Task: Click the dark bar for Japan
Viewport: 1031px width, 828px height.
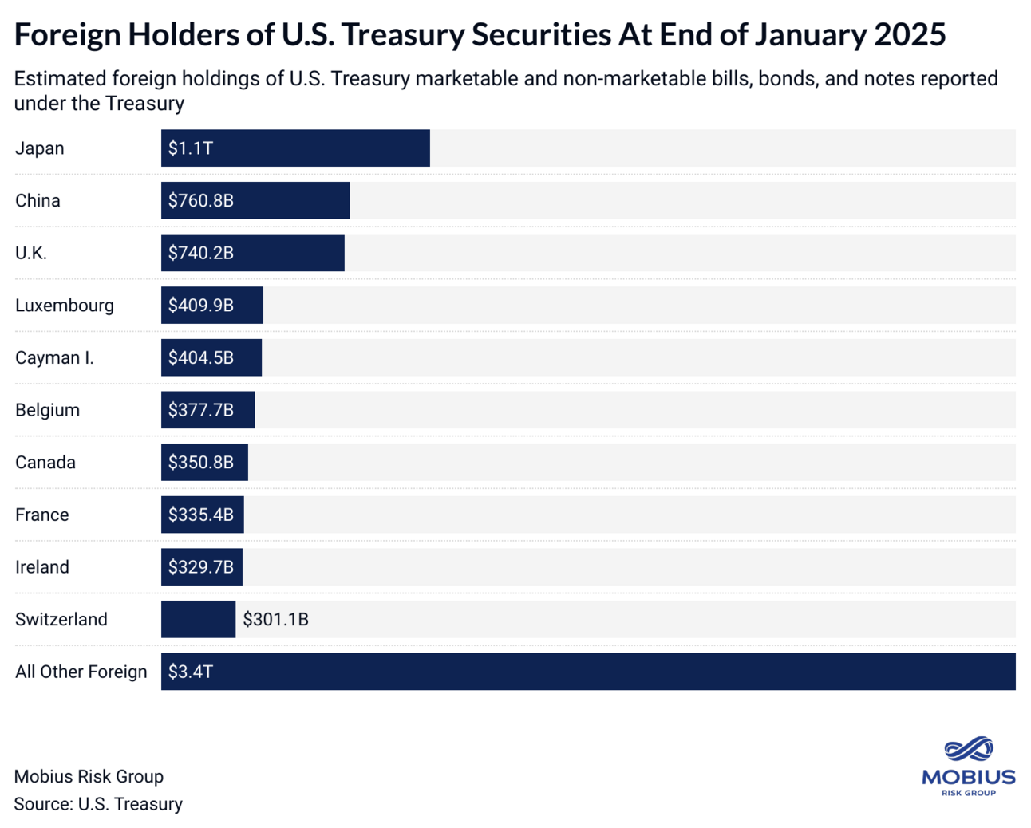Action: tap(319, 148)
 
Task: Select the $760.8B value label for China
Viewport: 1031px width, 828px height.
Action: tap(200, 201)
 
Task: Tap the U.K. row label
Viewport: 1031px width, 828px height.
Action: tap(31, 253)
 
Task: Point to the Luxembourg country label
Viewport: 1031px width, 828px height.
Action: tap(65, 306)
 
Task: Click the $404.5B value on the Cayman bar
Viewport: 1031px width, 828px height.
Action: tap(200, 358)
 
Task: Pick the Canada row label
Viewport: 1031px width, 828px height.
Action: tap(45, 463)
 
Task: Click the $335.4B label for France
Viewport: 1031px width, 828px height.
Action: tap(200, 515)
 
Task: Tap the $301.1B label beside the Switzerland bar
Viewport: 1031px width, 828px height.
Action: tap(275, 620)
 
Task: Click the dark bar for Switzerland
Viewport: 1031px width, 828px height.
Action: tap(198, 620)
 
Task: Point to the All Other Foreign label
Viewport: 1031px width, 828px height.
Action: tap(81, 672)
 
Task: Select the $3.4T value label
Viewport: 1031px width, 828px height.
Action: tap(190, 672)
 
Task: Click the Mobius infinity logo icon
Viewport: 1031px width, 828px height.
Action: tap(968, 750)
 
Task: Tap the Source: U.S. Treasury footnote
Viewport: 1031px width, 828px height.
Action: tap(98, 804)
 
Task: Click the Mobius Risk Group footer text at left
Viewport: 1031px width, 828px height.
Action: tap(89, 777)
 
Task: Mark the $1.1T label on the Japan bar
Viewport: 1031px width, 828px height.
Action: tap(190, 148)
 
